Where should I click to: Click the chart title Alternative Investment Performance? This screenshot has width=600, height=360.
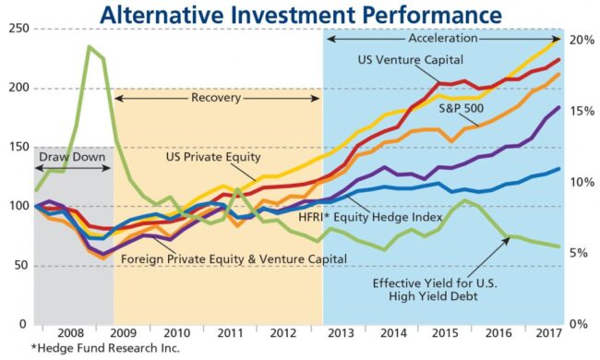point(301,15)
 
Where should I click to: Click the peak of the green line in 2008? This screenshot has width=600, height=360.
point(89,46)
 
